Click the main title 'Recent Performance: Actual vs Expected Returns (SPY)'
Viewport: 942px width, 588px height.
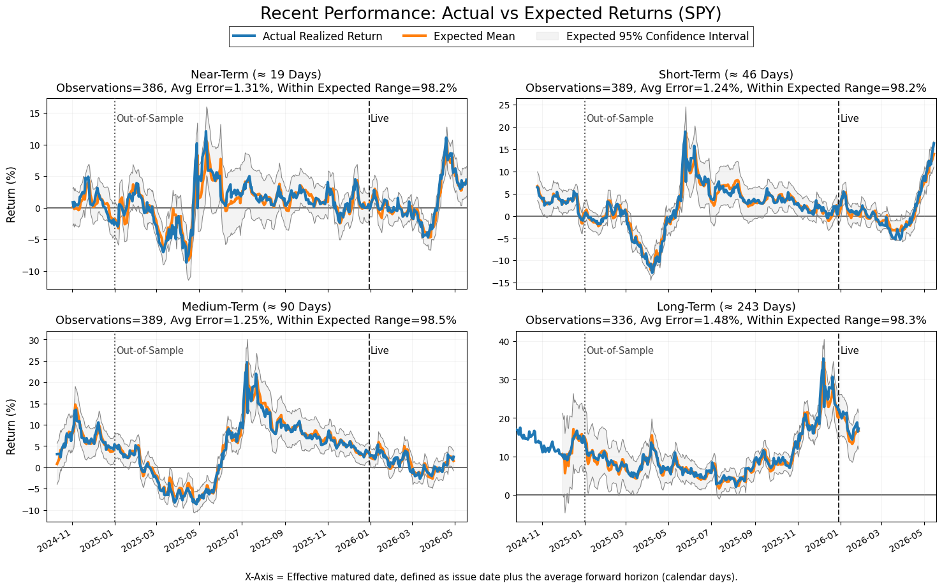click(x=490, y=13)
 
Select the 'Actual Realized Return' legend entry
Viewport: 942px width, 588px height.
click(x=307, y=36)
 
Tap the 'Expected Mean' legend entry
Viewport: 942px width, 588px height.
click(x=459, y=36)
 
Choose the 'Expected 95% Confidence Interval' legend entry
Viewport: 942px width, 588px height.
click(x=643, y=36)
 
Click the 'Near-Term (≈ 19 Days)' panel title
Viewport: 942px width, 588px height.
click(x=256, y=75)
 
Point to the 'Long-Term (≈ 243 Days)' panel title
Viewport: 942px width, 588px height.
click(x=726, y=307)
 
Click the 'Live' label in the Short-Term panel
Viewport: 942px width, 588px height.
click(x=850, y=119)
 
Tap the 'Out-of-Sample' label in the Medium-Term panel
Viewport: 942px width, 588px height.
click(x=150, y=351)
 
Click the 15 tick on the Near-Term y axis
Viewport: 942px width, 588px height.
click(x=35, y=114)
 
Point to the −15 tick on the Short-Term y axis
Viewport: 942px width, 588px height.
click(x=501, y=283)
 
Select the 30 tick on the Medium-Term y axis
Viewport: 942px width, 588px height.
click(x=35, y=340)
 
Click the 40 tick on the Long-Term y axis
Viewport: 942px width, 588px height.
click(x=504, y=342)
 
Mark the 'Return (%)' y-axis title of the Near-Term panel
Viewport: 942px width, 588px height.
click(x=11, y=195)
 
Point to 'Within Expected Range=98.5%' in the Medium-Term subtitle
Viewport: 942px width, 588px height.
click(x=367, y=320)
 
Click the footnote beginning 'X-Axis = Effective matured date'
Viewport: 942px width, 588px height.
click(x=491, y=577)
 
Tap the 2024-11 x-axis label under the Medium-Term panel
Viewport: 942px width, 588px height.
click(x=54, y=540)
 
